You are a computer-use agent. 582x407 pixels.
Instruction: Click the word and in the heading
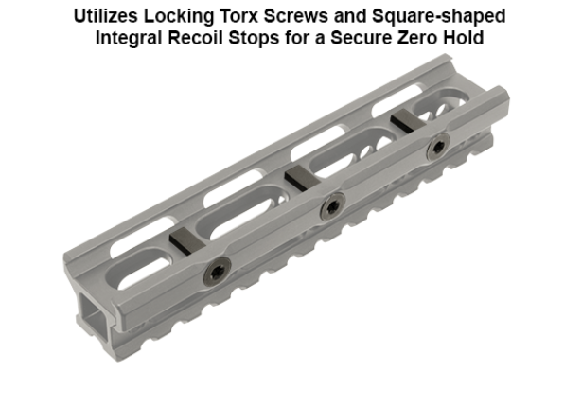[338, 17]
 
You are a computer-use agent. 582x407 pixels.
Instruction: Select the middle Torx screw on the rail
[332, 207]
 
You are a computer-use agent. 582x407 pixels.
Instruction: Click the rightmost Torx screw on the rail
[436, 148]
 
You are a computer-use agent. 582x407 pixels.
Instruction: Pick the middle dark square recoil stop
[299, 175]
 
